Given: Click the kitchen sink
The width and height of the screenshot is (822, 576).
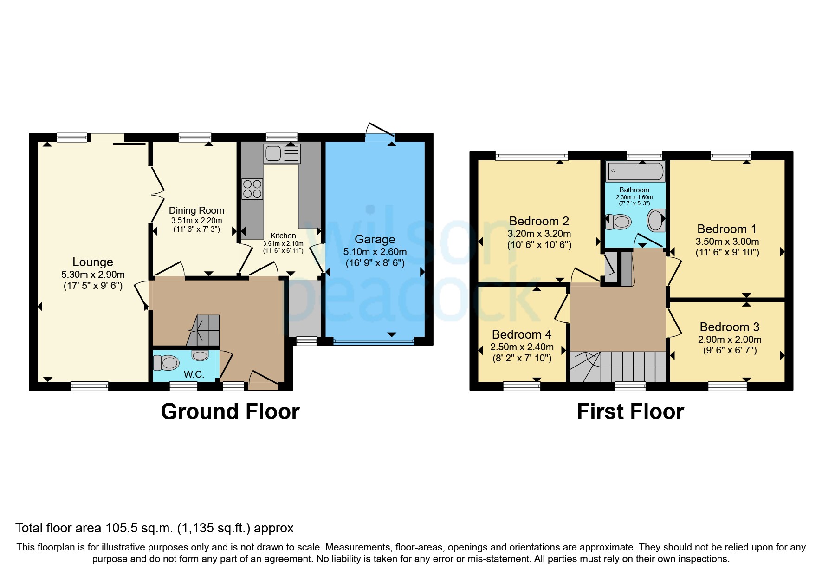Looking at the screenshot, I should [x=282, y=154].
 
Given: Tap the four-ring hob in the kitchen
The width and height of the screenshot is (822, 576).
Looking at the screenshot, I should [x=252, y=189].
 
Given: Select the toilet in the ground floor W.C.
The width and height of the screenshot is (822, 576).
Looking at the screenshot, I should [x=166, y=363].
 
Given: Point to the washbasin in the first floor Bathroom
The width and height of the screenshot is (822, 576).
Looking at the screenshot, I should [x=656, y=221].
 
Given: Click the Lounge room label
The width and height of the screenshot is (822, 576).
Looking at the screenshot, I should [x=92, y=262].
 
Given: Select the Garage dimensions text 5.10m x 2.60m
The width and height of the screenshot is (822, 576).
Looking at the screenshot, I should [x=375, y=252].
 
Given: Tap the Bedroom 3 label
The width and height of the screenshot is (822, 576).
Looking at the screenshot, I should [x=730, y=327].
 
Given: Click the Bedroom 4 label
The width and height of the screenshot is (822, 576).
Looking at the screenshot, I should [x=522, y=334].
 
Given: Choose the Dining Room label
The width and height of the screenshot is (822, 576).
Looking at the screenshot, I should [x=196, y=210].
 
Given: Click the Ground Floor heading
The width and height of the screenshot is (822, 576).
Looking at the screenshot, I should [x=230, y=412].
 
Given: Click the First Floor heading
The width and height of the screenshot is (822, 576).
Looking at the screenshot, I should [x=630, y=412].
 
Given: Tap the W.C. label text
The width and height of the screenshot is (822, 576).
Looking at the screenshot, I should [x=194, y=374].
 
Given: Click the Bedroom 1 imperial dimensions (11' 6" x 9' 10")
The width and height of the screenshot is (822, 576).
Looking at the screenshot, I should [x=727, y=253].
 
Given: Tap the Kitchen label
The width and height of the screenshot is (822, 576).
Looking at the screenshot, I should [x=283, y=236].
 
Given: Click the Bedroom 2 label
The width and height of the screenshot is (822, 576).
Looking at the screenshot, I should [x=539, y=221].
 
